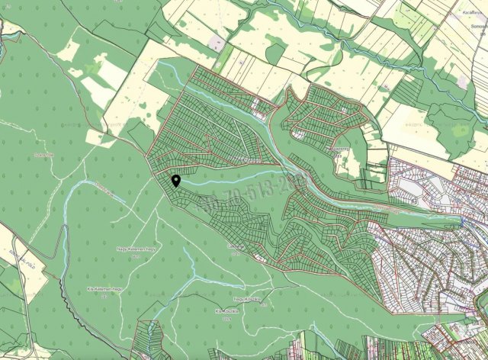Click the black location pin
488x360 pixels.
pos(176,181)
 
